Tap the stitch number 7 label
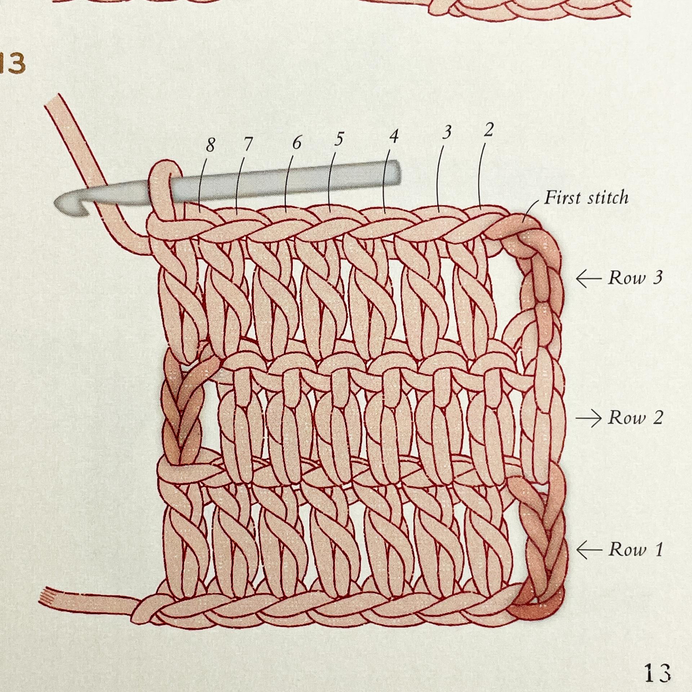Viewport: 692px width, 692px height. click(x=247, y=145)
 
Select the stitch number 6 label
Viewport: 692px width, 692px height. click(x=296, y=143)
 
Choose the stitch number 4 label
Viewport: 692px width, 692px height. click(x=394, y=136)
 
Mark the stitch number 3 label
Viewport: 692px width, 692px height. click(x=447, y=133)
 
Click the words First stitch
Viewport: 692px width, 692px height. click(x=586, y=198)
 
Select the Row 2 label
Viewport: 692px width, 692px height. click(x=635, y=418)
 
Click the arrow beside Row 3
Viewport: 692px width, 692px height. click(x=588, y=279)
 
